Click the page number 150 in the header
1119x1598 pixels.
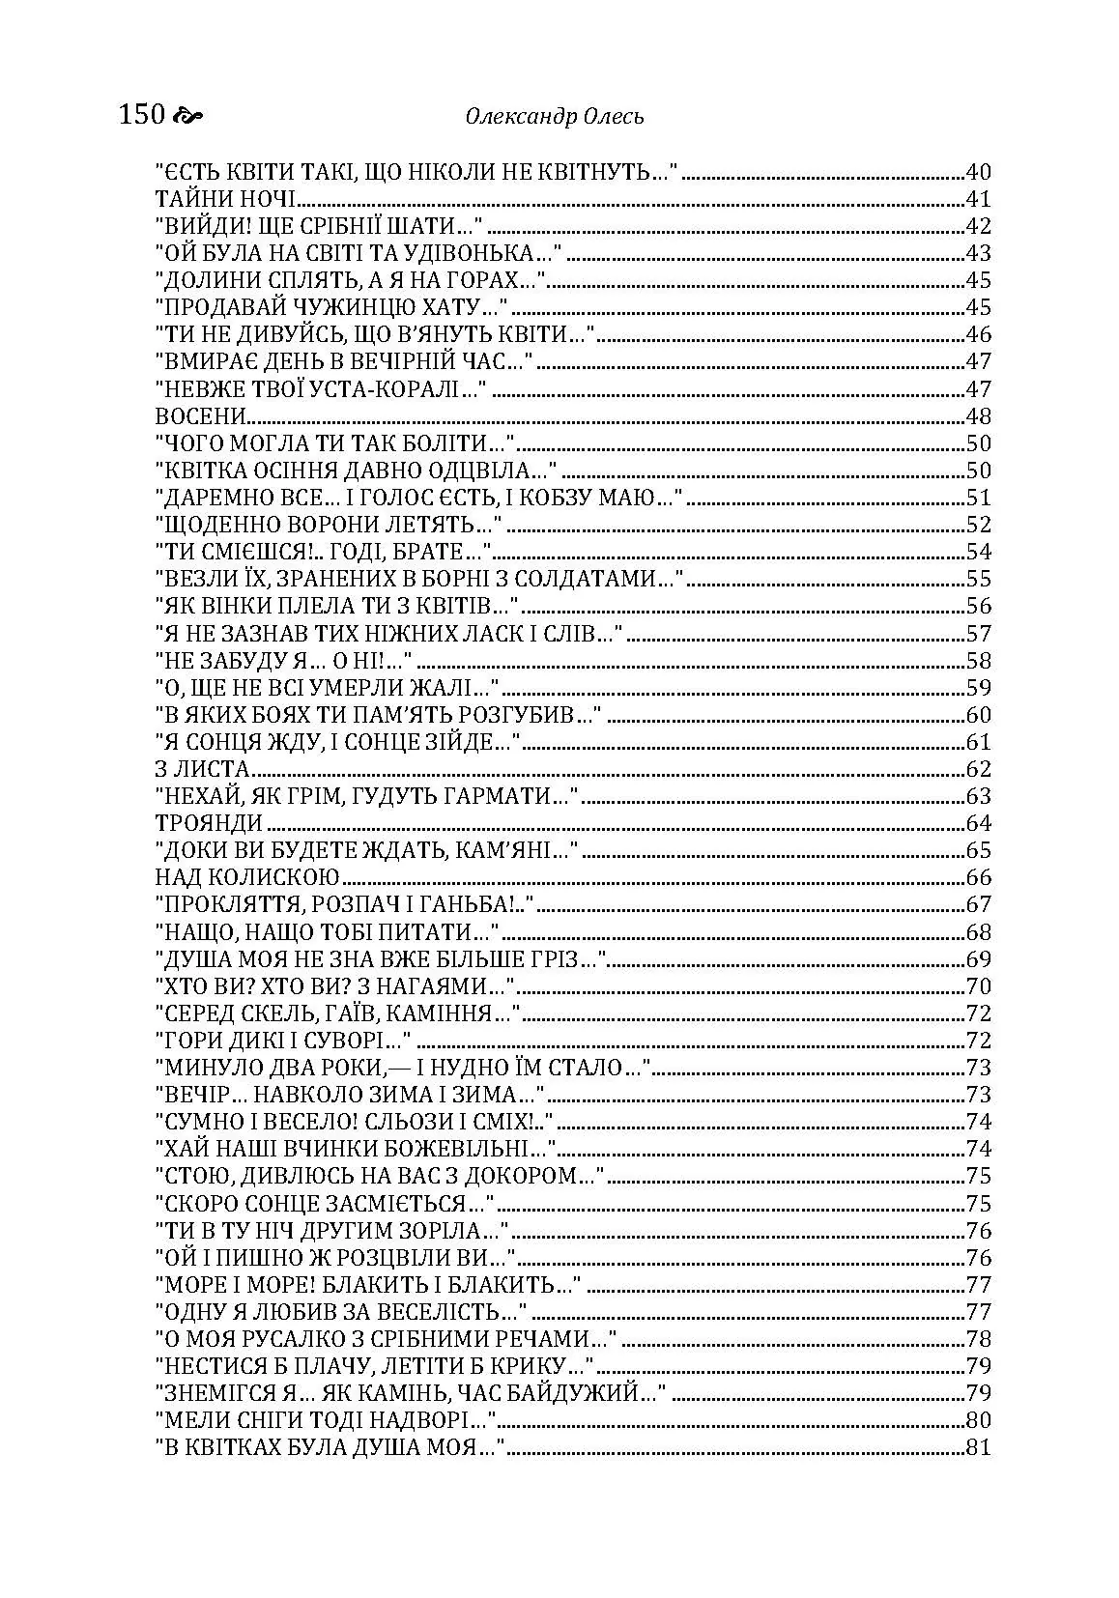[x=142, y=116]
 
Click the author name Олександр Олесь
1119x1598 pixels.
[x=555, y=117]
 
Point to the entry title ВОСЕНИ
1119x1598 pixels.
[x=199, y=417]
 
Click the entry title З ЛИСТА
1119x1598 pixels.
[x=203, y=770]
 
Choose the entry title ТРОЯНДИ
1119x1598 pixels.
[x=209, y=824]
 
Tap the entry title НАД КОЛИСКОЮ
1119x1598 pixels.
[x=248, y=878]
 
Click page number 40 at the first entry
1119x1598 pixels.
[x=979, y=173]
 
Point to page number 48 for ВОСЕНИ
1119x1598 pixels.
[x=979, y=417]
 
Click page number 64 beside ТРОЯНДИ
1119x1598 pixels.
[x=979, y=824]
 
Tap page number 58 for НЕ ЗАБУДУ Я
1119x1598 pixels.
[x=979, y=661]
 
